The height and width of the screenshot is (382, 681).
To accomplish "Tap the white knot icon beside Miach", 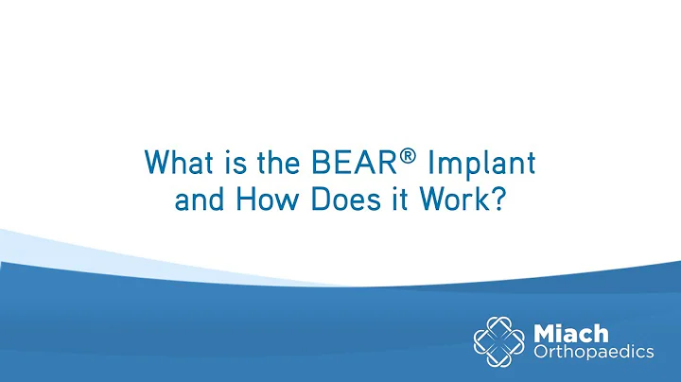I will [x=500, y=339].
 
